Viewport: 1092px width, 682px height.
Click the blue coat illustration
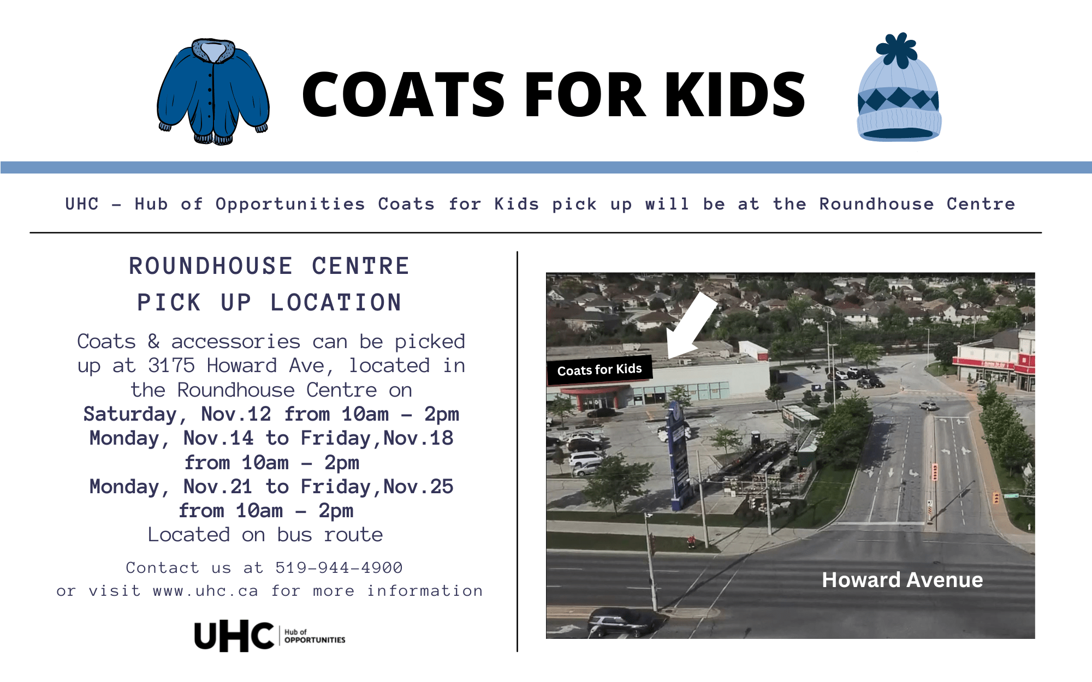pos(213,92)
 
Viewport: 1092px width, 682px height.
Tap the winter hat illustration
pos(899,87)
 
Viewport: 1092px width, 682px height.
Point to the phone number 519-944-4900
pos(339,568)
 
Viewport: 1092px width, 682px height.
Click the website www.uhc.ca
pos(205,591)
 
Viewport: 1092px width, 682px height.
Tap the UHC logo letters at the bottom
pos(234,636)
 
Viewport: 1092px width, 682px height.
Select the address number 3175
pos(171,366)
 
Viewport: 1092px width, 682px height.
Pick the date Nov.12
pos(236,414)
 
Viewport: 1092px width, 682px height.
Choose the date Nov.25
pos(418,486)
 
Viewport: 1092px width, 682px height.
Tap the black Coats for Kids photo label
pos(600,370)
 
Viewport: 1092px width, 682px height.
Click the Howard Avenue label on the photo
pos(903,579)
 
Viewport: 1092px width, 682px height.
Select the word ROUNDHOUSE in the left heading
pos(211,266)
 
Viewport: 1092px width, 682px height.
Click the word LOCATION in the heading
pos(336,303)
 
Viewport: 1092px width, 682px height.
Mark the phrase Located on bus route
pos(265,535)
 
